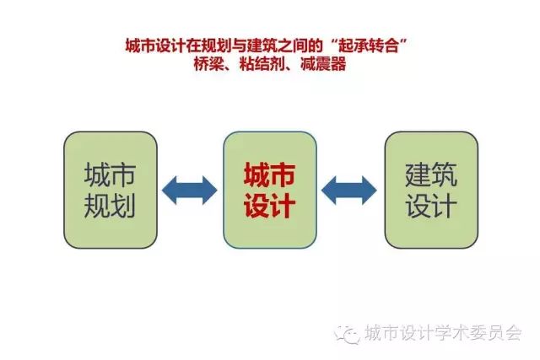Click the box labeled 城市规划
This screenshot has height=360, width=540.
(111, 190)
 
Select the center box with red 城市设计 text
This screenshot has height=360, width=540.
(270, 190)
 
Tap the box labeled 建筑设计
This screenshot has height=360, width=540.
(431, 190)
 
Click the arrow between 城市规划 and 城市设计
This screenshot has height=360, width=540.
(190, 191)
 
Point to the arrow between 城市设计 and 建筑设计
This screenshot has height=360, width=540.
(349, 191)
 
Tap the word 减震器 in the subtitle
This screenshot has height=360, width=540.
(323, 64)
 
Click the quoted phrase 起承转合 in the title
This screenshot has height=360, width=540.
(368, 46)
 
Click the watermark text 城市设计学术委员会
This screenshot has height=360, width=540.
(444, 334)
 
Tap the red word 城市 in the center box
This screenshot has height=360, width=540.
(270, 175)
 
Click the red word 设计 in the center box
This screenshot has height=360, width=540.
(270, 206)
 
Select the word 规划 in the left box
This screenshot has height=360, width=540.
(110, 205)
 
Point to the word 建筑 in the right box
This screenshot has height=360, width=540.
(431, 175)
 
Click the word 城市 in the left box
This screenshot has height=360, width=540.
(110, 175)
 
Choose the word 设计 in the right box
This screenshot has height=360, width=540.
(431, 205)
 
